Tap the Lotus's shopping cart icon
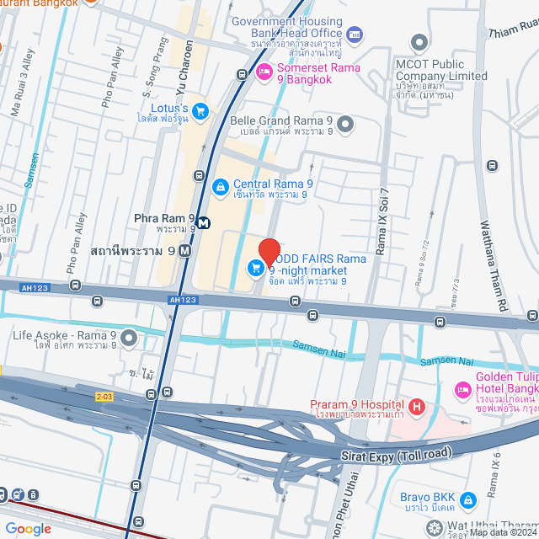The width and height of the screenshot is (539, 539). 200,110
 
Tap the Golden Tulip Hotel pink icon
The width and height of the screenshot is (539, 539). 462,390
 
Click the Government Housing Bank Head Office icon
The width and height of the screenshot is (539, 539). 355,35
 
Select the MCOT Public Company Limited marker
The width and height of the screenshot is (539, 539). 419,42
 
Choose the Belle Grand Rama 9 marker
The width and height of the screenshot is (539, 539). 343,125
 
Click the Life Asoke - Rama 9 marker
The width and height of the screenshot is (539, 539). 129,339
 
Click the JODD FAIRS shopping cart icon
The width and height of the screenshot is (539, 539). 254,268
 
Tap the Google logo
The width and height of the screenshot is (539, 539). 29,529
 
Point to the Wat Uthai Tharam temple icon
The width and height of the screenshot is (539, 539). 434,528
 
